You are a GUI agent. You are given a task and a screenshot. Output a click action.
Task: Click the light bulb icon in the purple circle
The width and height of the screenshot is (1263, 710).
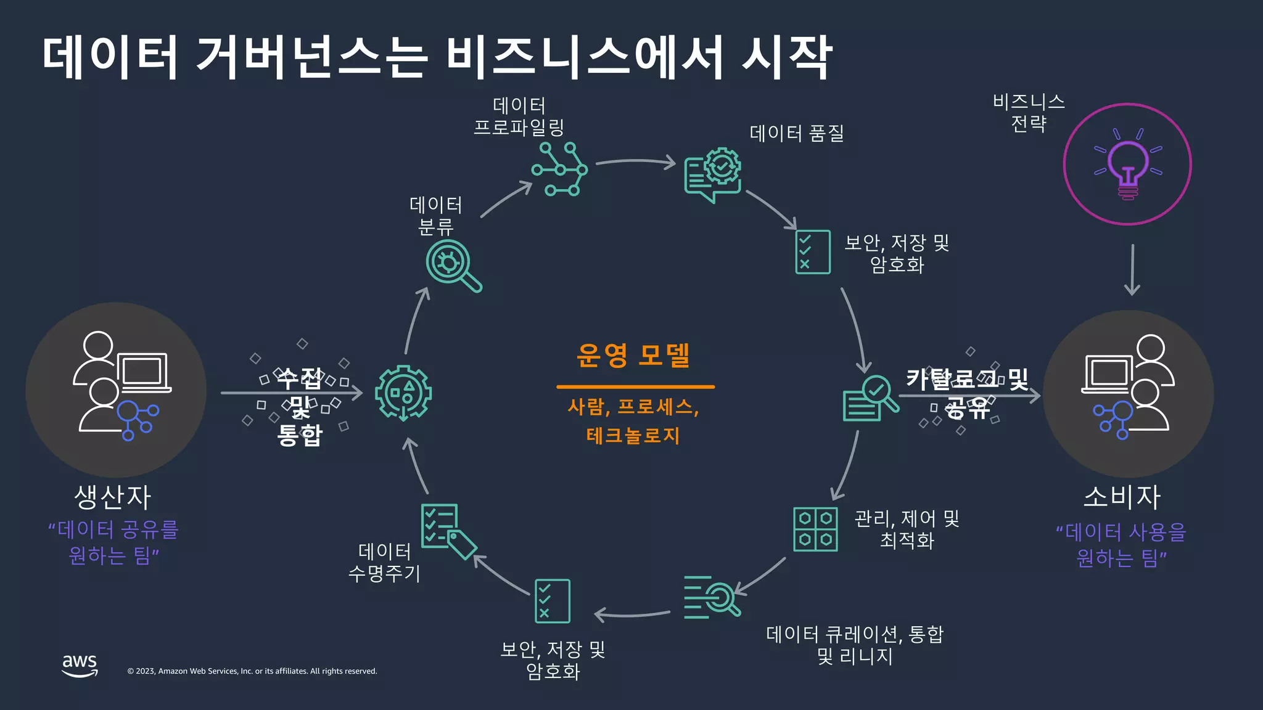[1127, 165]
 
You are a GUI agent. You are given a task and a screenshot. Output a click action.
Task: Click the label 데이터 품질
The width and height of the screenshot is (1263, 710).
[796, 133]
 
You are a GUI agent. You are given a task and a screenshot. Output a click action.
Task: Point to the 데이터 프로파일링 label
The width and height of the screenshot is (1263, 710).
[519, 116]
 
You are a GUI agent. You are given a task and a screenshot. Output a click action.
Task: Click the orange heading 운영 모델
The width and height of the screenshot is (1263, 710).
[633, 355]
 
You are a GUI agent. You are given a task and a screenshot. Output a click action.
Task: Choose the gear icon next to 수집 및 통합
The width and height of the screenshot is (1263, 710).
[403, 393]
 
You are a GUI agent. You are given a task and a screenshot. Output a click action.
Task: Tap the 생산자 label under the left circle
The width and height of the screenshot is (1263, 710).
[113, 497]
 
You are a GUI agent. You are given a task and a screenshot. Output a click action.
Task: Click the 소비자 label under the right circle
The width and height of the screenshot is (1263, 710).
[1122, 497]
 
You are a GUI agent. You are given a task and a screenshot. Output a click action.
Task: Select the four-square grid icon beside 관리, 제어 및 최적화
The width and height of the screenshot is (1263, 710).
[815, 529]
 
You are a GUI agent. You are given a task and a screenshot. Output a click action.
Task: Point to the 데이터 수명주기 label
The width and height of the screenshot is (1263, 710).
[384, 562]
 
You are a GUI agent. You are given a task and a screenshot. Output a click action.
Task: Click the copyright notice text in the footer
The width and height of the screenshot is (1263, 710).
[252, 671]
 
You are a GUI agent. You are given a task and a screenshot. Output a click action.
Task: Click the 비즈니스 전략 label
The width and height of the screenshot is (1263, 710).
[1029, 113]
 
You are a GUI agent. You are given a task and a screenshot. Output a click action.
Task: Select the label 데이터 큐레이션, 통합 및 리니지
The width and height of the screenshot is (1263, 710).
[855, 645]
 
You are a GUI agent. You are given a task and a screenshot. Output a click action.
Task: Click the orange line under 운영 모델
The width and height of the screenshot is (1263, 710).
[635, 387]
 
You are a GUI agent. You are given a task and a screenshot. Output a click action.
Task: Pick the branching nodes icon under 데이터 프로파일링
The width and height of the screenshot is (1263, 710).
[559, 169]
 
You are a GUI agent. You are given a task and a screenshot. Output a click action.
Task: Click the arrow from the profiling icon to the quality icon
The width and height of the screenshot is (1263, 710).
[635, 162]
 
